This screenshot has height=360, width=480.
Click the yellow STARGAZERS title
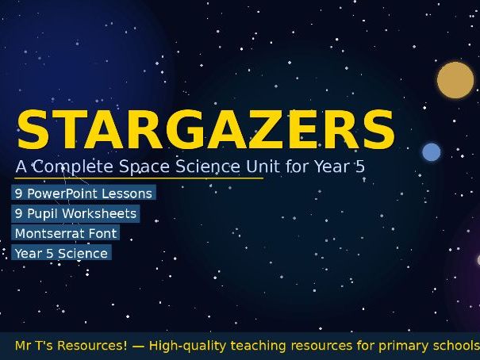205,128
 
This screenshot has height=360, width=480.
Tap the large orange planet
455,80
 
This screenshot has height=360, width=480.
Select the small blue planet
431,152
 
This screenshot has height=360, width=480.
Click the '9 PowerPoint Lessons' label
83,193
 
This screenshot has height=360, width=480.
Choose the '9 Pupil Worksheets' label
75,213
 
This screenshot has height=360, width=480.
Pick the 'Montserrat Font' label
66,233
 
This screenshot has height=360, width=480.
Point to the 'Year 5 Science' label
61,253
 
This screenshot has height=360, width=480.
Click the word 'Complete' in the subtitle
74,167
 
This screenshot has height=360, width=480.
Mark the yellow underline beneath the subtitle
139,178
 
